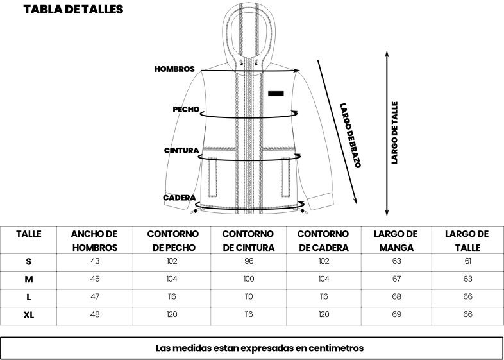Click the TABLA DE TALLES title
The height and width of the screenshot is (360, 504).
point(73,10)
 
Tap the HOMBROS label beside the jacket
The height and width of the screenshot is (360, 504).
point(174,69)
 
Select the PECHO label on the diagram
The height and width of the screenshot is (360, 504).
point(186,109)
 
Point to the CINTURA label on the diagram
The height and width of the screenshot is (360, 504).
point(181,151)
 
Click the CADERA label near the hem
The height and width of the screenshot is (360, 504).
point(180,198)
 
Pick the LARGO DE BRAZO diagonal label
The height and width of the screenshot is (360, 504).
point(350,135)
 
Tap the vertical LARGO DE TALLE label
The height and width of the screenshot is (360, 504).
point(395,133)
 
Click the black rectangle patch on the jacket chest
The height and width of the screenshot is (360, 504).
point(276,94)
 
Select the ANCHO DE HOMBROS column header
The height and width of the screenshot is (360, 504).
point(95,241)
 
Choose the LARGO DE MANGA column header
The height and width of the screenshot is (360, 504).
point(396,241)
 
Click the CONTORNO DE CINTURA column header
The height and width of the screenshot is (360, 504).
point(248,241)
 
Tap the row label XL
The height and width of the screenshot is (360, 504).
point(29,315)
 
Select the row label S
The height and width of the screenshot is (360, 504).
point(29,262)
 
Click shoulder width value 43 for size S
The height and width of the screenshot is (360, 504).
point(95,261)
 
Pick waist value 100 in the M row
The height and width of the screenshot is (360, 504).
point(248,279)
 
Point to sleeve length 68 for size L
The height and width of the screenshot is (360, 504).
point(396,296)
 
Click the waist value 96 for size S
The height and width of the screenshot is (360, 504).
point(248,261)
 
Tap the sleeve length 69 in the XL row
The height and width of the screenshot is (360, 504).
point(396,314)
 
